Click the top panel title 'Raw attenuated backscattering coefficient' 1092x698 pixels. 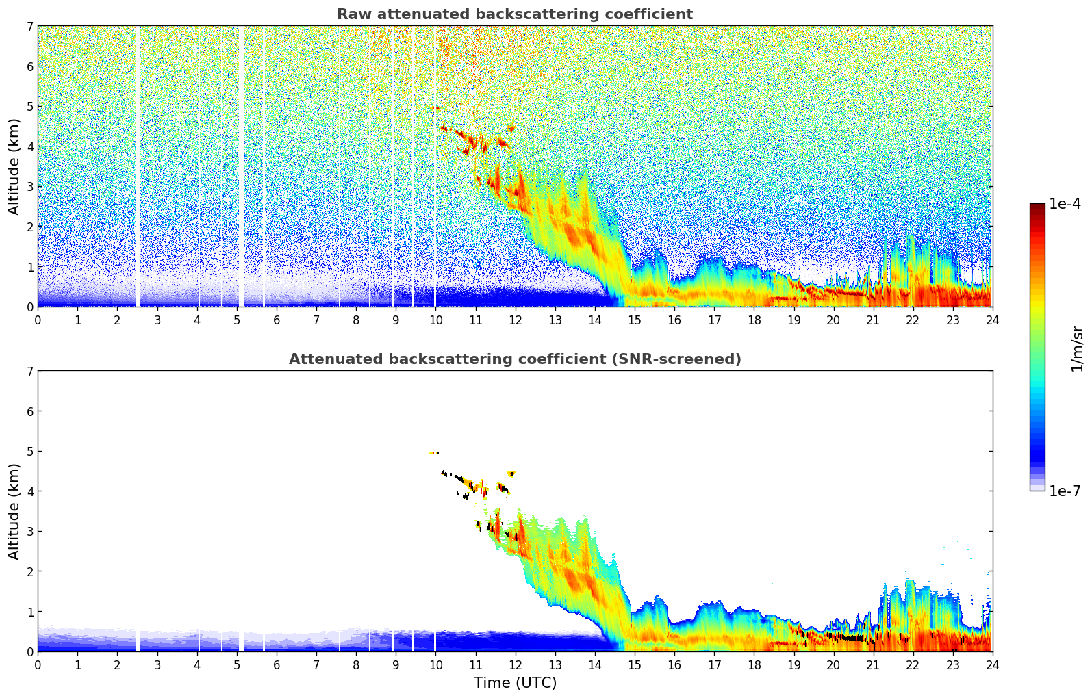[514, 14]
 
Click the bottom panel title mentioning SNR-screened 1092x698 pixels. [514, 359]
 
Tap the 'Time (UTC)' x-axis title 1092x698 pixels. [515, 683]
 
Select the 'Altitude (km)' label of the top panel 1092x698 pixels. [14, 166]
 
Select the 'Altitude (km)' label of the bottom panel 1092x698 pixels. [14, 511]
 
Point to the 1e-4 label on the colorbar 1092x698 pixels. [1065, 204]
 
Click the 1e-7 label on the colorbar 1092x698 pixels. [1065, 491]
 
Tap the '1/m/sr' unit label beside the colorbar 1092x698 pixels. [1077, 348]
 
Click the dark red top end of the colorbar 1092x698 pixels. [1037, 207]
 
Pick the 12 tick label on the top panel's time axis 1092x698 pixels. [515, 320]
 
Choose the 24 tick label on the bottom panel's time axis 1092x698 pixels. [992, 664]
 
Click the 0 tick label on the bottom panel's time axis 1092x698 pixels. [38, 664]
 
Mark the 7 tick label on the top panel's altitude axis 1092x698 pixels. [29, 26]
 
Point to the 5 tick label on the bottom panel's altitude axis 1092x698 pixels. [29, 451]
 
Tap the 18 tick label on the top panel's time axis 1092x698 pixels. [754, 320]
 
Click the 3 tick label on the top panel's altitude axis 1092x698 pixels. [29, 187]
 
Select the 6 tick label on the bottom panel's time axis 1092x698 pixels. [277, 664]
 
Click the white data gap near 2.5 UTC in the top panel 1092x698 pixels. [138, 164]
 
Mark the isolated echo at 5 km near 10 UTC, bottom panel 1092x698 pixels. [435, 452]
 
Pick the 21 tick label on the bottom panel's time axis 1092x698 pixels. [873, 664]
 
